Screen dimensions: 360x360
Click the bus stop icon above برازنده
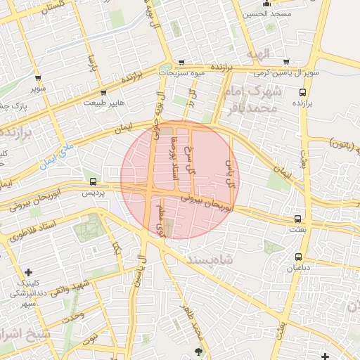[302, 91]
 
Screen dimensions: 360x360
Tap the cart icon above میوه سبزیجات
[181, 62]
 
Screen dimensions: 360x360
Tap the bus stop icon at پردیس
[94, 181]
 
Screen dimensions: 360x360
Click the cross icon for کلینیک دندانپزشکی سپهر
[27, 272]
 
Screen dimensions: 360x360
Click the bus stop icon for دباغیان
[299, 257]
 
